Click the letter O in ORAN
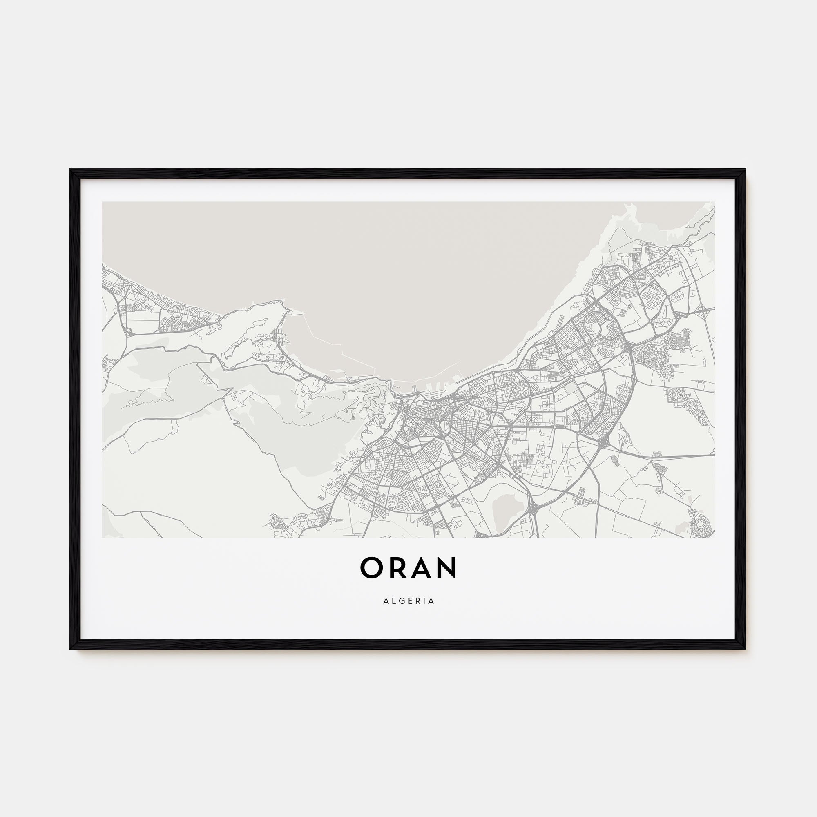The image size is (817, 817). coord(372,568)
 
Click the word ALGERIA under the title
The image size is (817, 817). coord(408,601)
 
